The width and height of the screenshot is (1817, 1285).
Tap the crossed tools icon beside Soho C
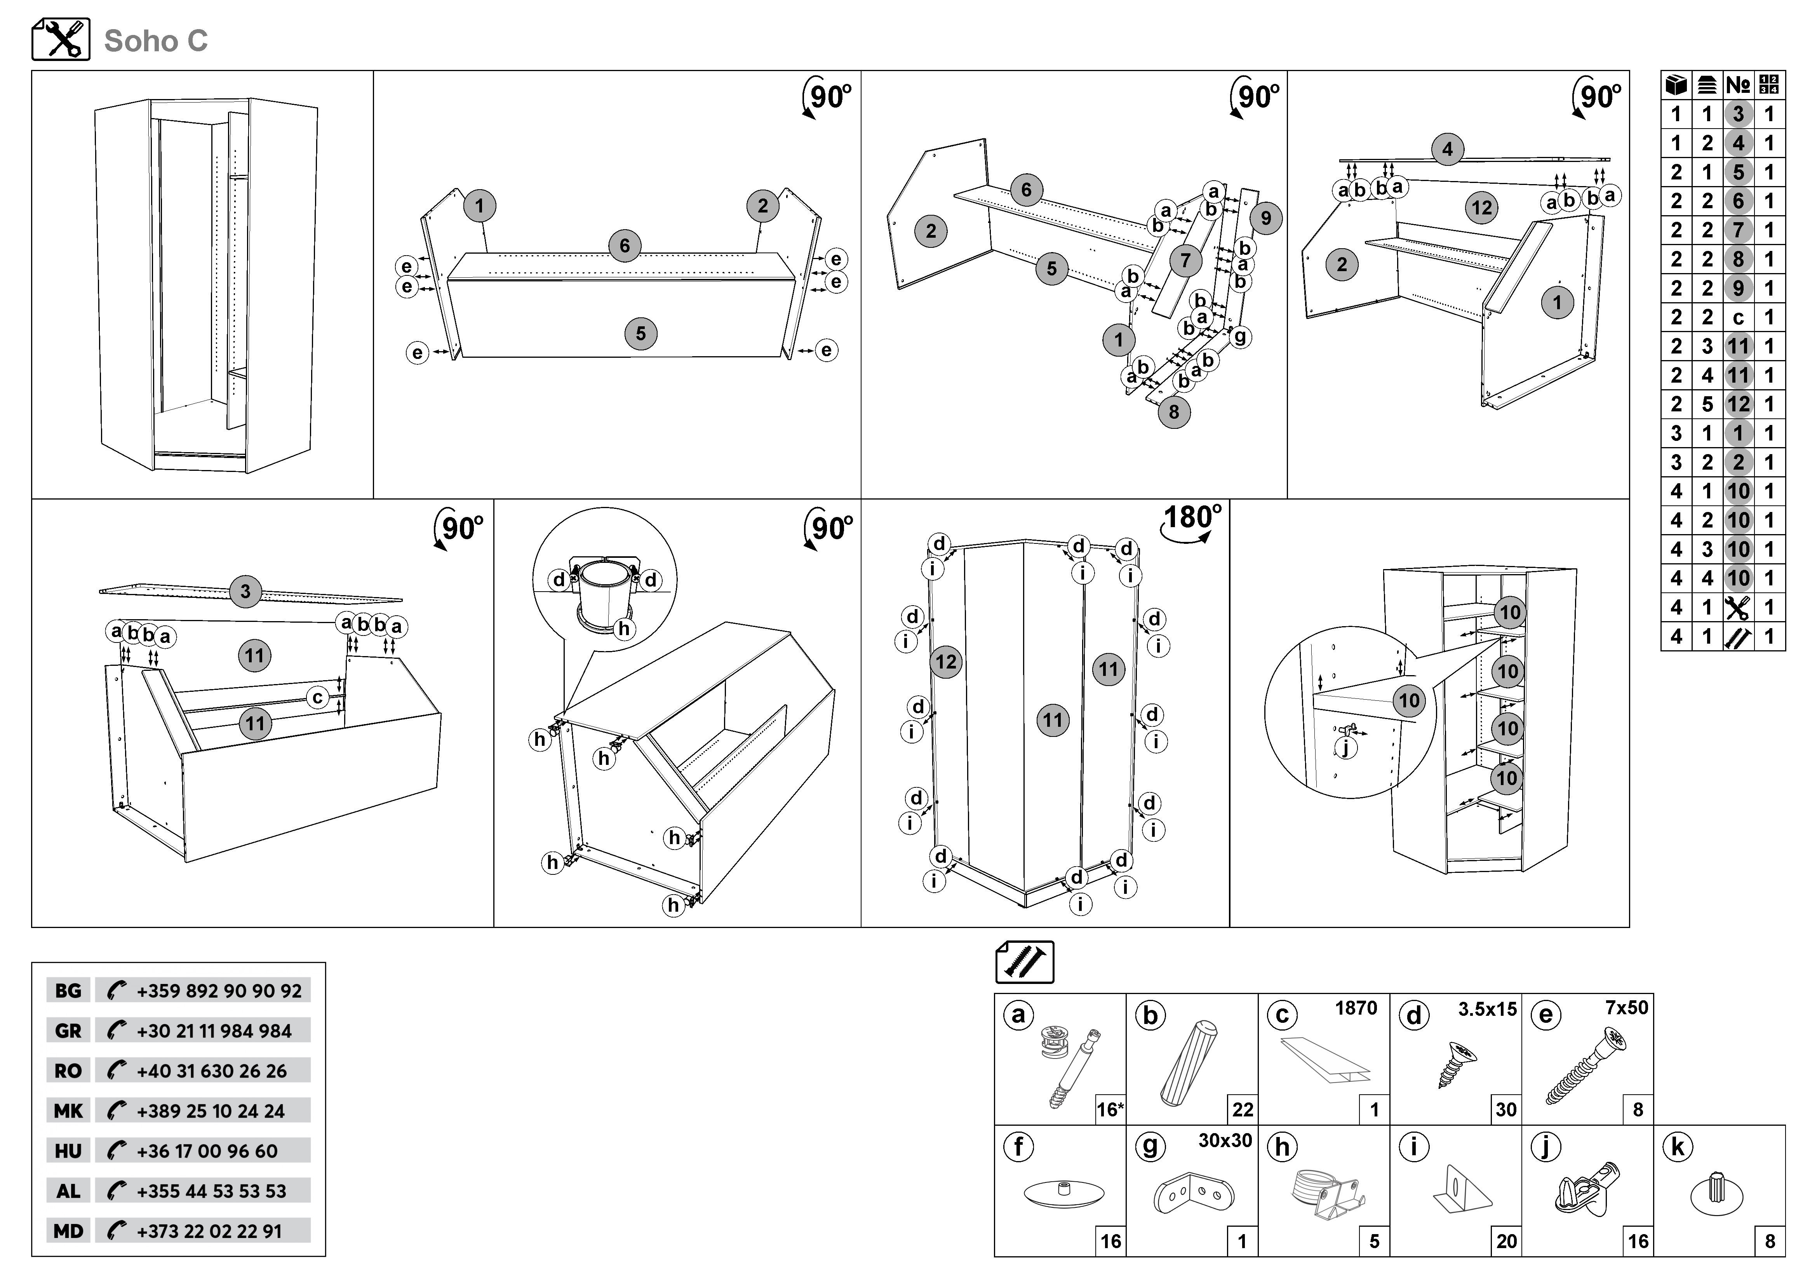click(x=61, y=39)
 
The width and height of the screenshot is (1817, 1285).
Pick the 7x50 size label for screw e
click(x=1626, y=1008)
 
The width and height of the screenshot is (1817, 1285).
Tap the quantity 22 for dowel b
click(x=1243, y=1109)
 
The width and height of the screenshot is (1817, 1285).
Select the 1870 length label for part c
click(x=1356, y=1008)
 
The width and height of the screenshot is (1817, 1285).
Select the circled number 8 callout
click(x=1174, y=411)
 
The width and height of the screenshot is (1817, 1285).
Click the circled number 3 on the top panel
click(x=245, y=591)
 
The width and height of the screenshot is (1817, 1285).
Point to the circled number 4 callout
click(x=1448, y=149)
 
